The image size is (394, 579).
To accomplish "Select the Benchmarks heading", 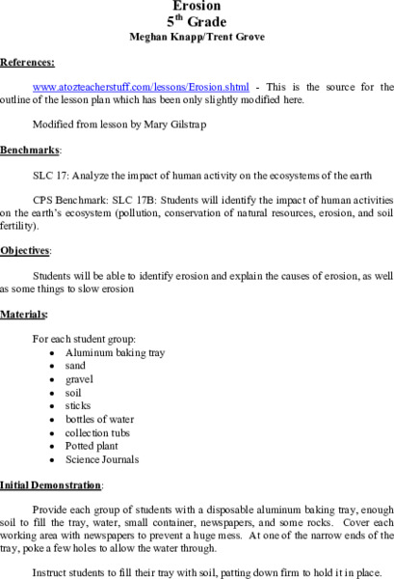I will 30,151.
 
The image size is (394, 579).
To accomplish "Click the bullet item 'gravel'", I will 79,380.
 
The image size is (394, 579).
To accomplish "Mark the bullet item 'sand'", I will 76,367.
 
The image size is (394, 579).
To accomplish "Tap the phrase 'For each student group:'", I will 85,340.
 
